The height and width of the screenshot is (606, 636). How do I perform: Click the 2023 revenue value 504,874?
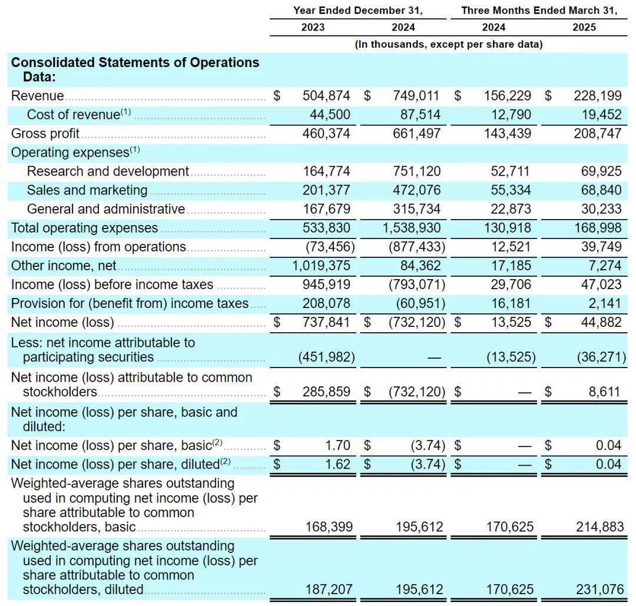[x=326, y=96]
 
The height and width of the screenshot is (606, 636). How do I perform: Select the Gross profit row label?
[x=45, y=134]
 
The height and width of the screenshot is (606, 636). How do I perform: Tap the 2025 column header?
[x=584, y=27]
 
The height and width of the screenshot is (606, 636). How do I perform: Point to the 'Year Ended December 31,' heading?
[x=358, y=11]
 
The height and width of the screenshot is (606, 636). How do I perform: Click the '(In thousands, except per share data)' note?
[x=448, y=44]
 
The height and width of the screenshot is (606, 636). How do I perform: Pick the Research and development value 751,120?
[x=416, y=171]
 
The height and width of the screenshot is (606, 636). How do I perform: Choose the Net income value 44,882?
[x=598, y=322]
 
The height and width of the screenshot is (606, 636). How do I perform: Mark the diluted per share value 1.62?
[x=337, y=464]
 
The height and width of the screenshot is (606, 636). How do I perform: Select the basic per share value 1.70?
[x=337, y=445]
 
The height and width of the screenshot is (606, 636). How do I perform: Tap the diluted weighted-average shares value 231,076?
[x=599, y=589]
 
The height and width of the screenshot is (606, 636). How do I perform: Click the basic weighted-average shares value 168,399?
[x=329, y=526]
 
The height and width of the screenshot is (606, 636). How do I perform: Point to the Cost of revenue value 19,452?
[x=598, y=115]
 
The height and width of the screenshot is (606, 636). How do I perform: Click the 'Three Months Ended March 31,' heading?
[x=539, y=11]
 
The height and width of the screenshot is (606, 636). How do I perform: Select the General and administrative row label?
[x=106, y=209]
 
